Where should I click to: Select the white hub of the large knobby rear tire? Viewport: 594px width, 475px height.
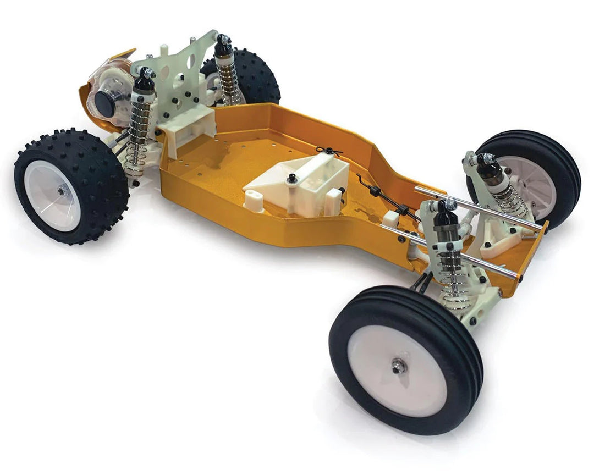[x=53, y=195]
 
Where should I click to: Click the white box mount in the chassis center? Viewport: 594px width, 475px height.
[x=308, y=181]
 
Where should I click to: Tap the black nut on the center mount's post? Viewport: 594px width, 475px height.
[x=292, y=177]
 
